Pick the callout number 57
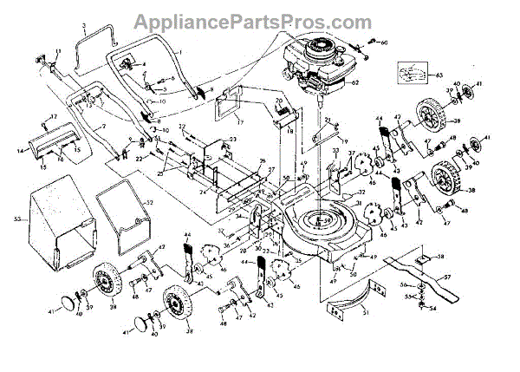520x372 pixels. tap(447, 278)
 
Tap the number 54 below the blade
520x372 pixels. tap(433, 309)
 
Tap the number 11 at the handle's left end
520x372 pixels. tap(60, 53)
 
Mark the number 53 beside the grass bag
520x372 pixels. tap(16, 220)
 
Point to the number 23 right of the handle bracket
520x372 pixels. tap(232, 140)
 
